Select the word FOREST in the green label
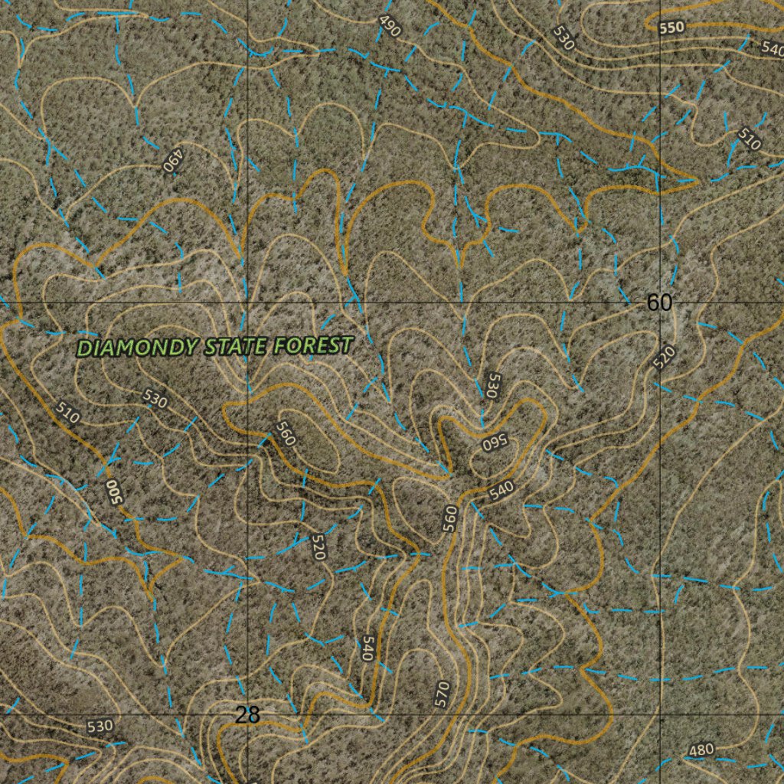[312, 345]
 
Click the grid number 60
[659, 303]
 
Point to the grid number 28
[247, 715]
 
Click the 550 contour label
[671, 28]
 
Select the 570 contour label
[441, 694]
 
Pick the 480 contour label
[701, 750]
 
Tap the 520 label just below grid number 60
[665, 357]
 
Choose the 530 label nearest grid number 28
[100, 726]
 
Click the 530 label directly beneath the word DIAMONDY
[155, 398]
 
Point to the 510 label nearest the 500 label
[68, 413]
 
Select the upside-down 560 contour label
[495, 443]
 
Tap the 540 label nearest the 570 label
[367, 648]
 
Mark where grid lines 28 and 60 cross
[247, 303]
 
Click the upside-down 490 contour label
[174, 159]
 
